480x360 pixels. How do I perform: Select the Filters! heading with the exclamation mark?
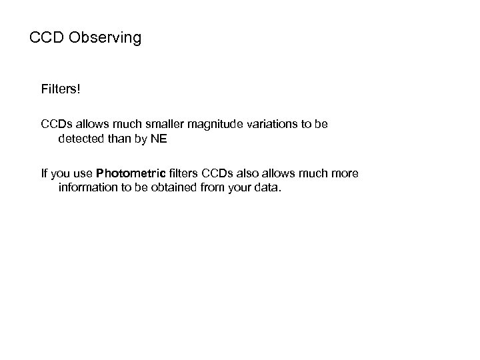point(60,89)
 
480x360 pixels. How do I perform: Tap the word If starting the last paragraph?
point(45,174)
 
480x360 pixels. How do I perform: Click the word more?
point(345,174)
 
